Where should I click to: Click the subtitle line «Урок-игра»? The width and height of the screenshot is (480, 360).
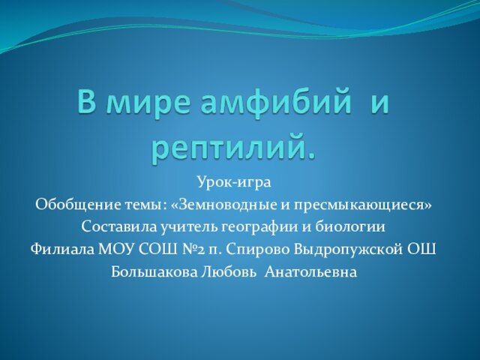[234, 183]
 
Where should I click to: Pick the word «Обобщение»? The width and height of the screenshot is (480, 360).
[78, 205]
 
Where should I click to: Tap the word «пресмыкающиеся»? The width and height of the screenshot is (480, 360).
[361, 205]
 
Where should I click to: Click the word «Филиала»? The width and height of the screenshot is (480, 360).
[62, 250]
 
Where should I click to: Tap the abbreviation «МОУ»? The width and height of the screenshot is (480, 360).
[116, 250]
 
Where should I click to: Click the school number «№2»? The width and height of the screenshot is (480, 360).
[190, 250]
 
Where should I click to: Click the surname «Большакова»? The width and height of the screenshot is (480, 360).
[154, 271]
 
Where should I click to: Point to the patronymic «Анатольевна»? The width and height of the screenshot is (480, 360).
[310, 271]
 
